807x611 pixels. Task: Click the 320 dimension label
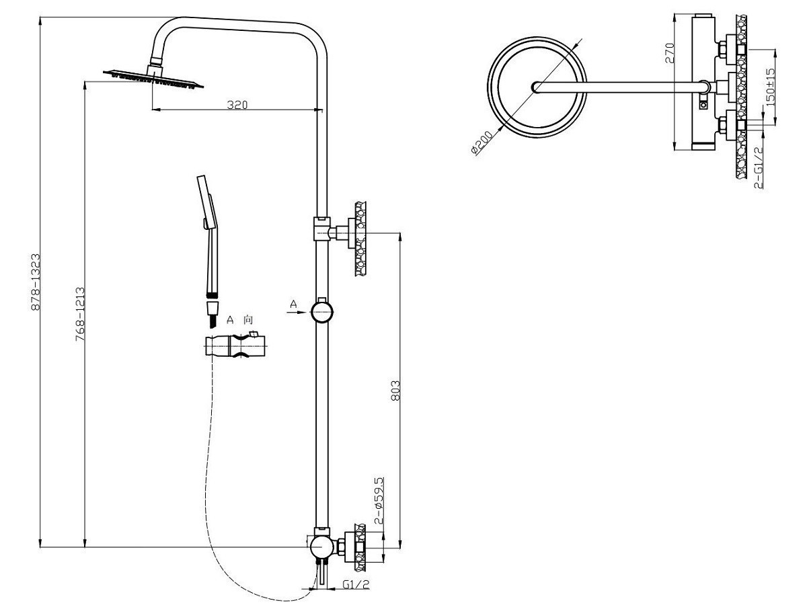(x=237, y=104)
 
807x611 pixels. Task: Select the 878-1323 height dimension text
(x=38, y=282)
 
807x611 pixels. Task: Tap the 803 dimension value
(x=395, y=389)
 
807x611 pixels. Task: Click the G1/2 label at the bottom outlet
(x=356, y=584)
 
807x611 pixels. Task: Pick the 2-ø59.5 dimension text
(x=379, y=501)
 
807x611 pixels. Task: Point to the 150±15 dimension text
(x=771, y=85)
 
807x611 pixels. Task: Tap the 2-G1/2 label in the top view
(x=759, y=169)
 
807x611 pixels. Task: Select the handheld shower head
(x=208, y=235)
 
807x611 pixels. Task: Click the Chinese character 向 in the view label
(x=249, y=320)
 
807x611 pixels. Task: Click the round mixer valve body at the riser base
(x=321, y=546)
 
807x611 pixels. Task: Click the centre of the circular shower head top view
(x=536, y=86)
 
